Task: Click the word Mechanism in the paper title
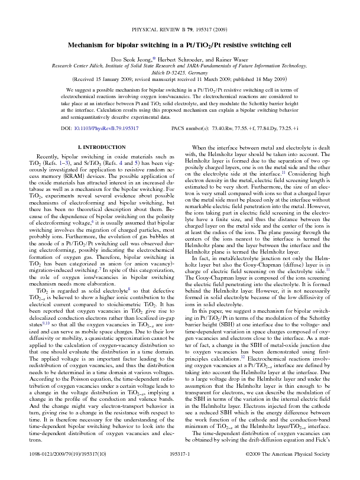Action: pos(89,44)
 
